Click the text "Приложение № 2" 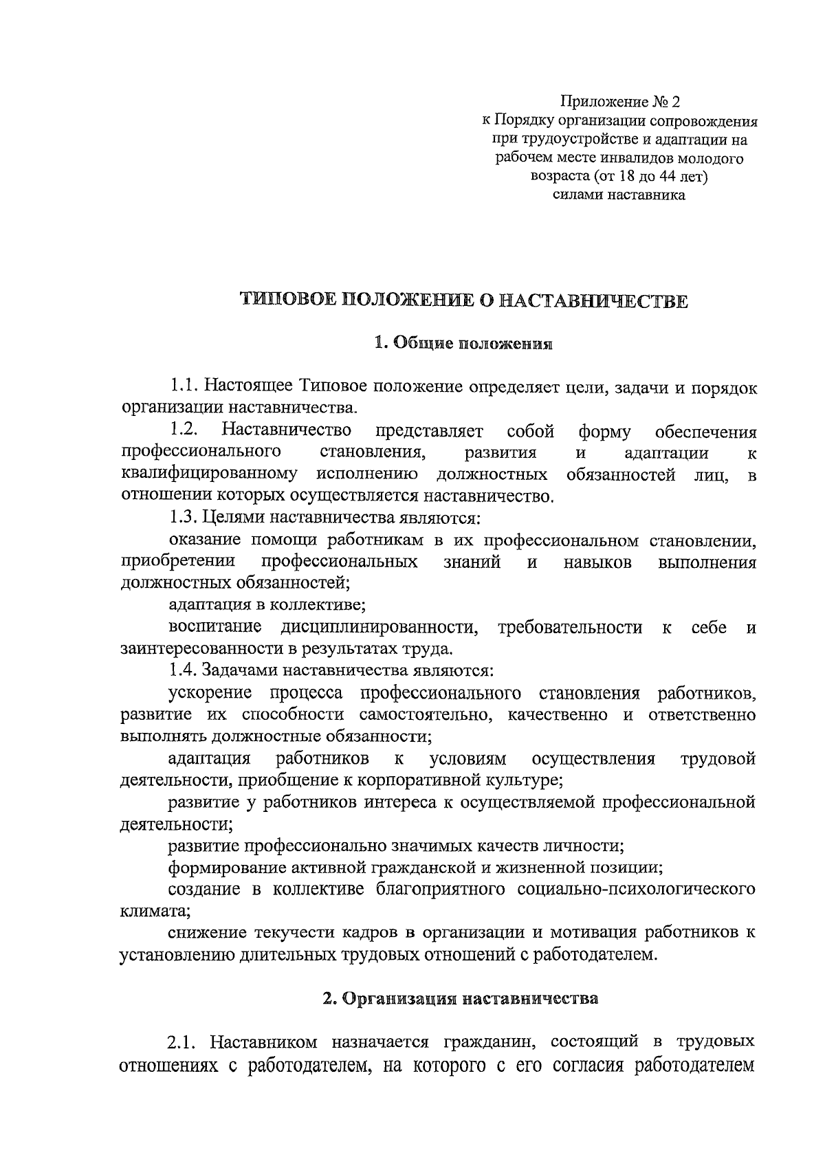(x=619, y=103)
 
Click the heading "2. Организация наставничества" (x=461, y=998)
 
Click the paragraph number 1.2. (x=184, y=431)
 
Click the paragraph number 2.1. (x=184, y=1042)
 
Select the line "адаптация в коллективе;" (x=267, y=605)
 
